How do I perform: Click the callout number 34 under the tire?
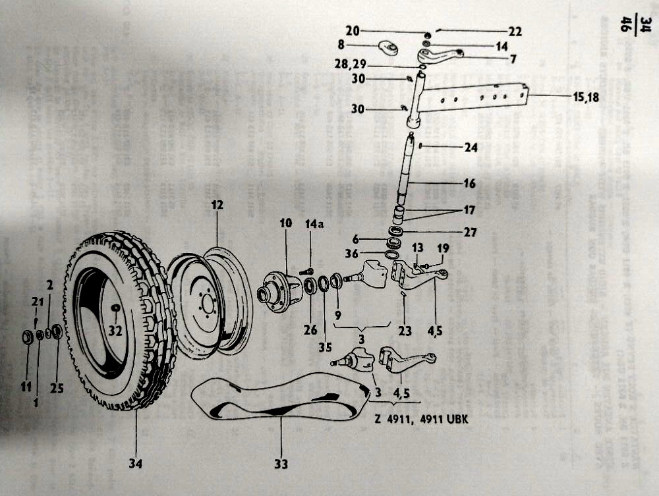[x=136, y=464]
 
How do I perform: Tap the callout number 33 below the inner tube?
[x=281, y=464]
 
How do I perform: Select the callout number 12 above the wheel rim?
[x=217, y=206]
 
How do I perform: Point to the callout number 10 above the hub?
[x=285, y=224]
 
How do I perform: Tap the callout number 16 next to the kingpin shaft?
[x=469, y=184]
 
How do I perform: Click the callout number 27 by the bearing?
[x=470, y=232]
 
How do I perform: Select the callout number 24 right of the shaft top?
[x=471, y=148]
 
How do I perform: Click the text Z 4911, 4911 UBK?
[x=417, y=419]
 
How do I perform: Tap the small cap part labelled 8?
[x=389, y=49]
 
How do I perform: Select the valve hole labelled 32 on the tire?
[x=115, y=308]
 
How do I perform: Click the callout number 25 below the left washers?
[x=57, y=388]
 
